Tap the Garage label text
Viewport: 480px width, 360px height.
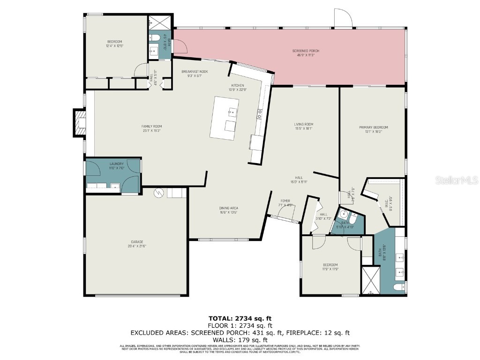click(137, 242)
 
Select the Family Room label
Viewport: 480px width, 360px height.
click(151, 126)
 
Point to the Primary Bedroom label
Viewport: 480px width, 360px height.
click(373, 127)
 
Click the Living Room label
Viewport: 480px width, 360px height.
click(303, 124)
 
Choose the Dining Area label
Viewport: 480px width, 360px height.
click(229, 208)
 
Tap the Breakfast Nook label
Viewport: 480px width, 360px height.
click(195, 71)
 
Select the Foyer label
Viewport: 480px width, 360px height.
click(286, 201)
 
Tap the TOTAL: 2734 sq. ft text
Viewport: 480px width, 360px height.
click(240, 318)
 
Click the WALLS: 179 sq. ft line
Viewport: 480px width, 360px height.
click(240, 340)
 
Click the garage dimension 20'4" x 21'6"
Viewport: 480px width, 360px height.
click(137, 246)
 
